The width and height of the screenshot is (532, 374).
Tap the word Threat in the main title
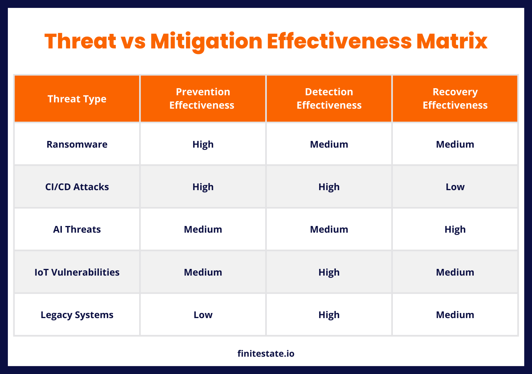click(80, 41)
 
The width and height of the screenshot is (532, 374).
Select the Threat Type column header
click(77, 99)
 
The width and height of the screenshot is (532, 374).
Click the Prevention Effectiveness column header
click(203, 98)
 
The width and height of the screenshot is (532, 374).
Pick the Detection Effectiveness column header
click(329, 98)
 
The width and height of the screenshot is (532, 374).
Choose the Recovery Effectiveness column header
click(455, 98)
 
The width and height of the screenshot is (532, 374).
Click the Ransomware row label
click(77, 144)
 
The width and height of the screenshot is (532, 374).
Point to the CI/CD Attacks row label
click(77, 187)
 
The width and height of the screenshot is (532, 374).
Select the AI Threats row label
click(77, 230)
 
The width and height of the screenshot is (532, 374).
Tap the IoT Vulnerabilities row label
click(77, 272)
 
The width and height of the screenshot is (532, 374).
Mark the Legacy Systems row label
click(77, 315)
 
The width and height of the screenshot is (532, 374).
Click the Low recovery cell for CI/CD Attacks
click(455, 187)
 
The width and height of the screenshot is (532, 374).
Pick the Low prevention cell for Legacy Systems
click(203, 315)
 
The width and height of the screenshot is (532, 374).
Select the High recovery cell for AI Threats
click(455, 230)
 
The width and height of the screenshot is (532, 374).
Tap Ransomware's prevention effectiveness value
click(203, 144)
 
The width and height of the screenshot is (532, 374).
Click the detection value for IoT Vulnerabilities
click(329, 272)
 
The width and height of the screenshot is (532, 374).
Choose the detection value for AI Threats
click(329, 230)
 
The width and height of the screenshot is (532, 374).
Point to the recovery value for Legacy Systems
click(455, 315)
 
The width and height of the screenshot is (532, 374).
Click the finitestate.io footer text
click(266, 354)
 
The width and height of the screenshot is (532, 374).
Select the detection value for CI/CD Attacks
click(329, 187)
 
